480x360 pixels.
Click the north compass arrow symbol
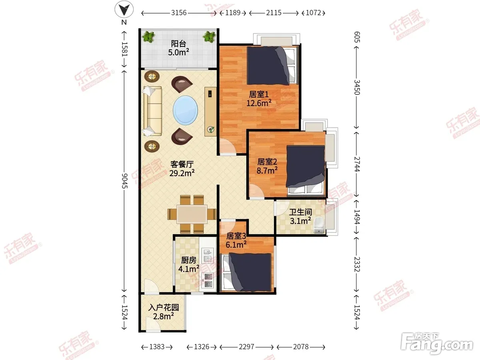click(124, 9)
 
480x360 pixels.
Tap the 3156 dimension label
click(179, 13)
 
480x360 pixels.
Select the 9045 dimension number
click(124, 180)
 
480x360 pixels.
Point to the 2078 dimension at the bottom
click(301, 347)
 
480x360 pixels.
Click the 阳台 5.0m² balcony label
click(178, 48)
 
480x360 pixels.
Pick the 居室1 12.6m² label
click(259, 99)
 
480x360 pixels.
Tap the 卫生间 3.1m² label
click(300, 216)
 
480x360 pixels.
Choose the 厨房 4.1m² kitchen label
click(188, 264)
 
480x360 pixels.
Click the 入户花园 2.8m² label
click(164, 312)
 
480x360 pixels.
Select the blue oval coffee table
click(186, 110)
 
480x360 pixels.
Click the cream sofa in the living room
click(152, 111)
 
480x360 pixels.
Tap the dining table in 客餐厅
click(192, 214)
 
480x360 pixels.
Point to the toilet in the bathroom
click(319, 225)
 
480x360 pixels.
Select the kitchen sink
click(208, 255)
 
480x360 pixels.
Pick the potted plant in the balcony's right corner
click(210, 37)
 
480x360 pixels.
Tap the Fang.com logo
click(437, 344)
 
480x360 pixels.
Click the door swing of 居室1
click(228, 146)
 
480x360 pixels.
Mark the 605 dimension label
click(357, 37)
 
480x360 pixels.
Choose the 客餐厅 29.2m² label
click(182, 169)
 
